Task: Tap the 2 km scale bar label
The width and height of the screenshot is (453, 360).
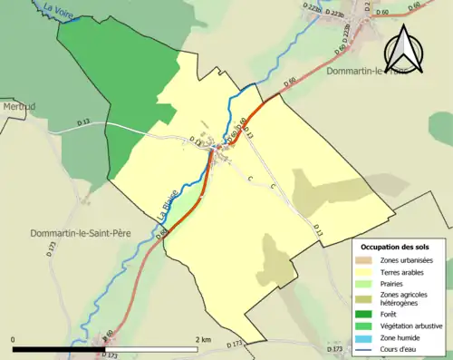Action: pos(204,339)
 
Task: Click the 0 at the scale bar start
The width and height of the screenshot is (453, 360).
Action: pos(14,339)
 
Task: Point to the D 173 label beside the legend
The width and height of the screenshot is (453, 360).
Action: pos(334,349)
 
